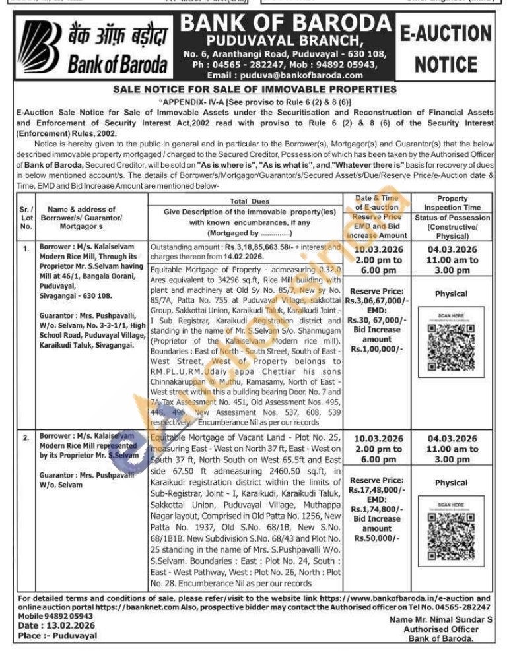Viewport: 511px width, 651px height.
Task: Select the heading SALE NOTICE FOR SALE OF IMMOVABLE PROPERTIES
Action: [255, 89]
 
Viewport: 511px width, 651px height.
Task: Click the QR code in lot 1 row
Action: [452, 340]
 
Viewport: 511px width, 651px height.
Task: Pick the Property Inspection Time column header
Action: [452, 203]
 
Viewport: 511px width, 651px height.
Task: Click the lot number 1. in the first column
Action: [26, 249]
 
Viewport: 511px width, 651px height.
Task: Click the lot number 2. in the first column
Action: [26, 438]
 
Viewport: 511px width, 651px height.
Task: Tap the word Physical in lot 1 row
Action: [452, 294]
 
